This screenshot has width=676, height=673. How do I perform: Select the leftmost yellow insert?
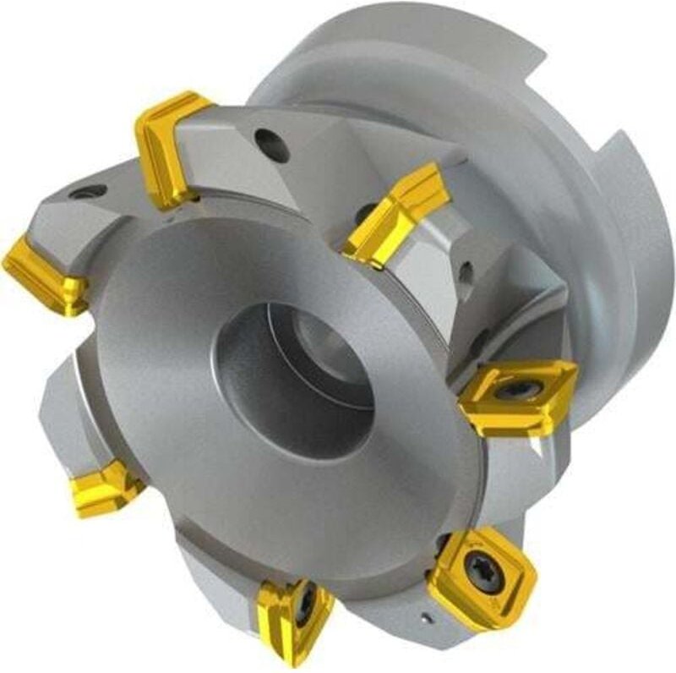(x=46, y=275)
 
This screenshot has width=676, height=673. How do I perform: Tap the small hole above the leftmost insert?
(x=87, y=192)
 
